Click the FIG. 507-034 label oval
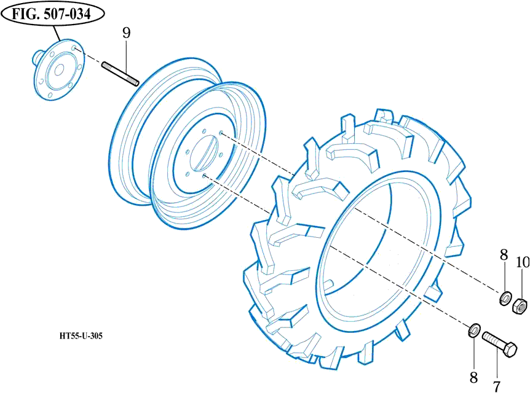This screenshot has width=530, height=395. tap(52, 15)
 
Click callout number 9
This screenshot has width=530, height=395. tap(126, 33)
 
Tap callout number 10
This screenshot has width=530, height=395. tap(522, 262)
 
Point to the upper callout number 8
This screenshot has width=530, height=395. tap(504, 254)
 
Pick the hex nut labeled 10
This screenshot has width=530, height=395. tap(520, 303)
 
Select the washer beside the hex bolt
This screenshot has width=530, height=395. tap(474, 330)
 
